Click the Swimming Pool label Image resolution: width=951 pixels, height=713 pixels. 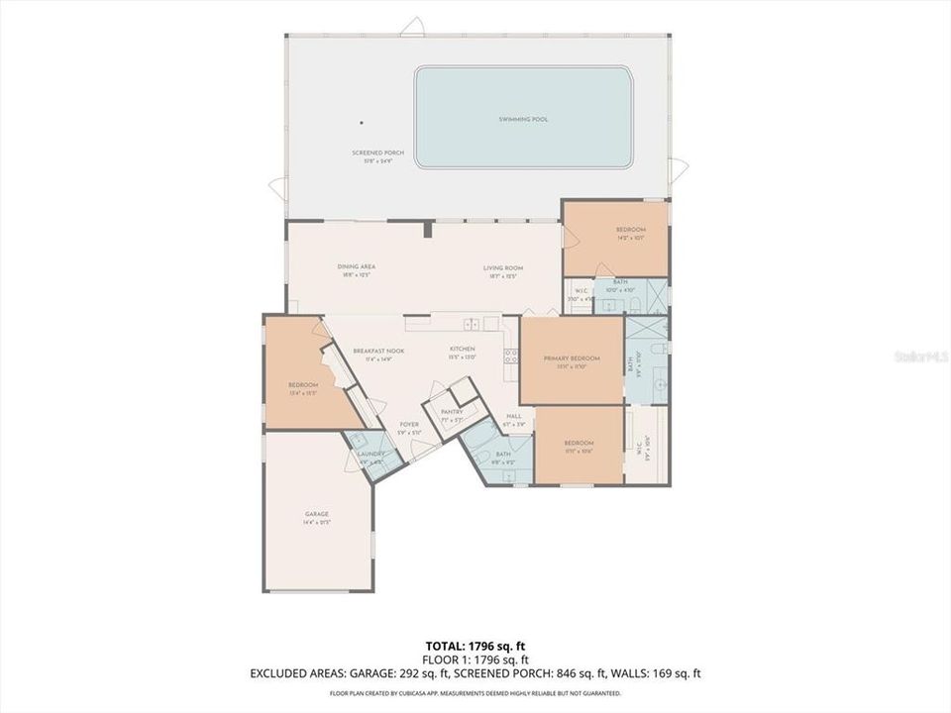(523, 119)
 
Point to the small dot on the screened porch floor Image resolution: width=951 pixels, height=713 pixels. (362, 123)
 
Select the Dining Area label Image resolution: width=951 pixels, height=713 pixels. (356, 267)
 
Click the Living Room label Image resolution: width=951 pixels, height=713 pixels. (503, 267)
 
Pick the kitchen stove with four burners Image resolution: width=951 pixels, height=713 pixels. (511, 357)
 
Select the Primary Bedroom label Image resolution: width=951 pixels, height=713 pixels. (572, 357)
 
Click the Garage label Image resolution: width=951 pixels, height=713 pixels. (317, 514)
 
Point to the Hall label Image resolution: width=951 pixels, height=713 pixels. (513, 416)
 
